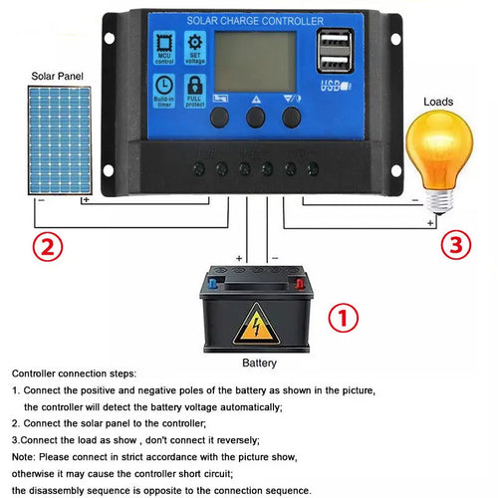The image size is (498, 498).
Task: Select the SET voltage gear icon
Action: coord(195,45)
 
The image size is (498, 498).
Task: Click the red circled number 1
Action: coord(342,319)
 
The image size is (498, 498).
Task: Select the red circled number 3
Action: coord(454,246)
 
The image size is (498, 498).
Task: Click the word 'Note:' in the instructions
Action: coord(27,456)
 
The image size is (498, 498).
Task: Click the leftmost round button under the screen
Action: coord(218,117)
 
